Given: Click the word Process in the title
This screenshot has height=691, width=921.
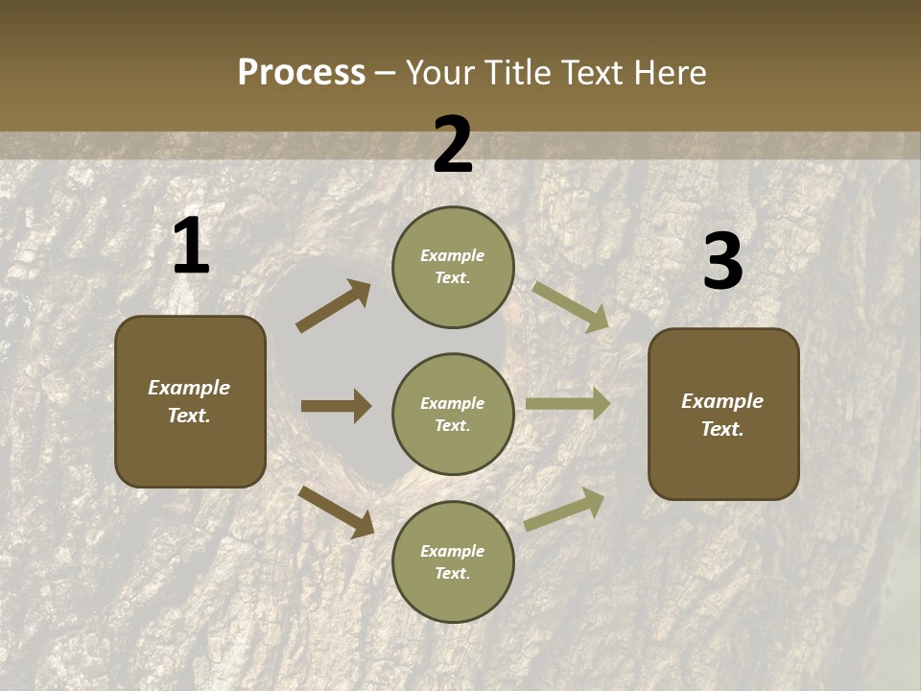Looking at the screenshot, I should click(x=301, y=73).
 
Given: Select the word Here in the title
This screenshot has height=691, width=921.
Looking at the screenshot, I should click(x=668, y=73).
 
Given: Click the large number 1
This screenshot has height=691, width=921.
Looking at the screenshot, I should click(x=191, y=247).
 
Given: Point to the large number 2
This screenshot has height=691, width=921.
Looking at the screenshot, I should click(x=453, y=145).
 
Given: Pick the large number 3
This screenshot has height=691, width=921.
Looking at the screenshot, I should click(x=722, y=262).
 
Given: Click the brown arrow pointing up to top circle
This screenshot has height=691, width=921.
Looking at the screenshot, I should click(x=333, y=306).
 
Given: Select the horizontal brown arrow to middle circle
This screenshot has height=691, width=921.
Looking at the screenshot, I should click(x=336, y=406).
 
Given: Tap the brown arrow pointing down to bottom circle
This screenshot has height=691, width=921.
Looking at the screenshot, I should click(x=336, y=511).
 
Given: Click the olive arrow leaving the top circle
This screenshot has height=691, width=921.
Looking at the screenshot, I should click(x=571, y=306).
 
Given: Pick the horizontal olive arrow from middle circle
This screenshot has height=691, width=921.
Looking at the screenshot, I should click(x=568, y=404).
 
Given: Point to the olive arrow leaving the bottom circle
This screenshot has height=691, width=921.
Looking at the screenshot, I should click(x=565, y=509).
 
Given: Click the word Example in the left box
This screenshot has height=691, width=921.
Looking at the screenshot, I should click(x=189, y=388).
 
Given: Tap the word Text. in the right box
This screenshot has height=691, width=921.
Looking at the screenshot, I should click(x=722, y=429).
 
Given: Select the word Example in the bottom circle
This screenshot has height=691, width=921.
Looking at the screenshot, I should click(x=453, y=551).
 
